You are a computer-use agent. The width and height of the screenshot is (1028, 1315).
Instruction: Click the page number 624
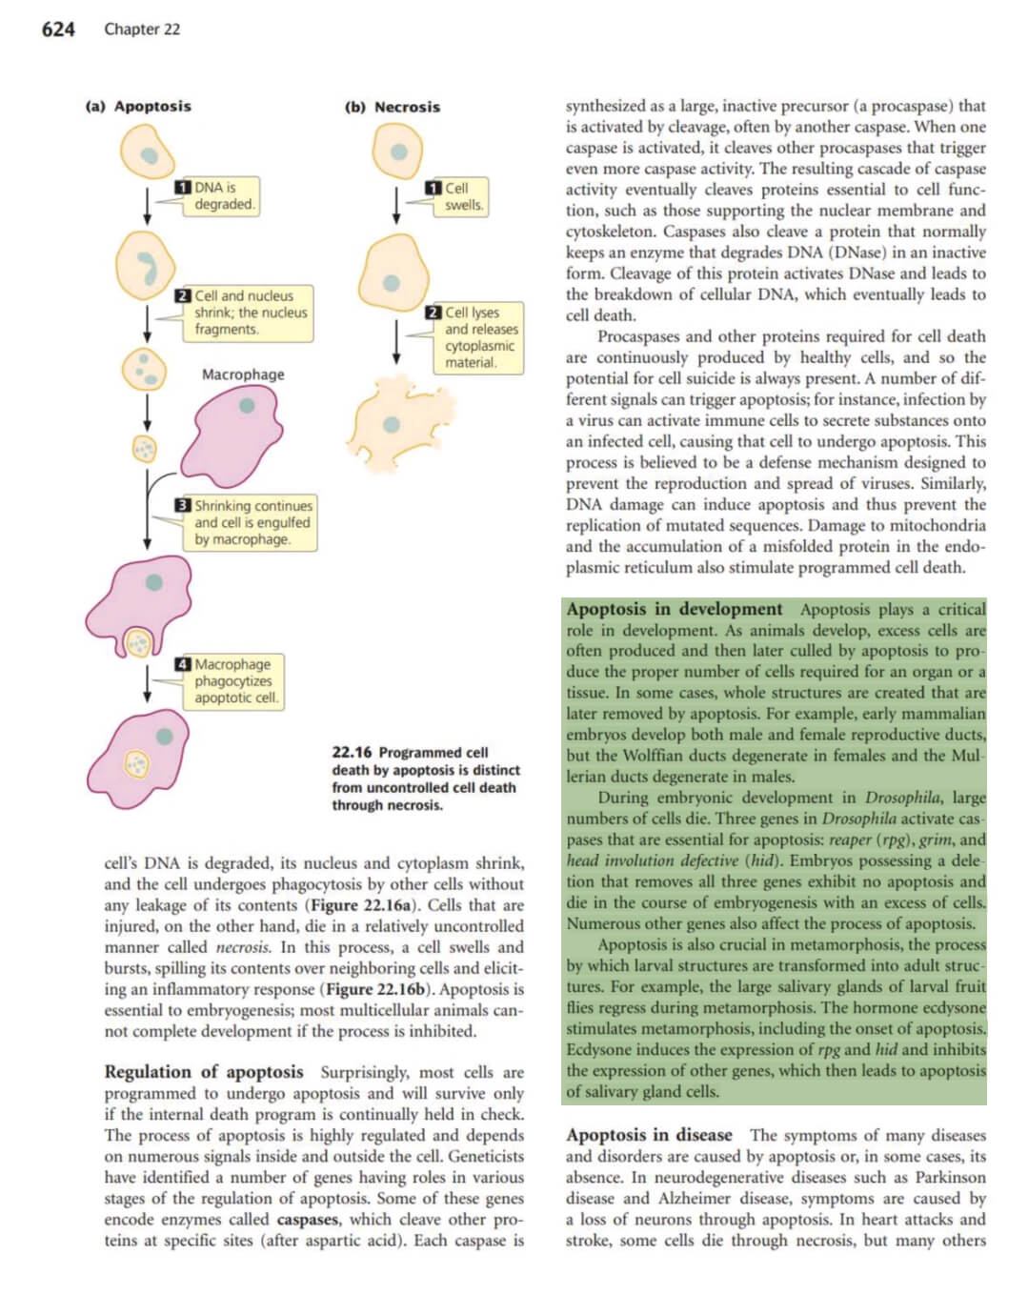coord(58,30)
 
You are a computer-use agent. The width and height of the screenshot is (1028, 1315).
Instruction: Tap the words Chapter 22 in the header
coord(142,30)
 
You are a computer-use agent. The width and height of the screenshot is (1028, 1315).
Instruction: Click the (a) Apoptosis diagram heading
coord(138,106)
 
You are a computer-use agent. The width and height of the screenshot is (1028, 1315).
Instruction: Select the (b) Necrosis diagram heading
coord(393,107)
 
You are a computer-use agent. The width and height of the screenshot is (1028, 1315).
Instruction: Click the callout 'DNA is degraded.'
coord(218,195)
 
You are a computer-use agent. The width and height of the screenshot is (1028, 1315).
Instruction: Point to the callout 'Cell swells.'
coord(458,196)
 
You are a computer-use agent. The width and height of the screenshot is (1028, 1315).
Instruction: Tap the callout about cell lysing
coord(475,337)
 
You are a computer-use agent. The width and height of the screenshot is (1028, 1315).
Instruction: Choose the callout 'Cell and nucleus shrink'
coord(245,313)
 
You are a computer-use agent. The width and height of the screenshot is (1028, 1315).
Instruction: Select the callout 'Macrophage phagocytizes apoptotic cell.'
coord(231,680)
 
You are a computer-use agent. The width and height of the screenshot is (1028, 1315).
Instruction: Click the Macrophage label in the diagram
coord(243,374)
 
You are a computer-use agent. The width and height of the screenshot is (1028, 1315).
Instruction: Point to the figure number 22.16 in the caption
coord(352,753)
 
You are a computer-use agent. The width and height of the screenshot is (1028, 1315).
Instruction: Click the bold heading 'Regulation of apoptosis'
coord(204,1072)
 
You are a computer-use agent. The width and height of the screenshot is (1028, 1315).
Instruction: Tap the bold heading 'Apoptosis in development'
coord(674,609)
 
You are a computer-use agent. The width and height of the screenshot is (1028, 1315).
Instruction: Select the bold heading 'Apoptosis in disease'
coord(649,1135)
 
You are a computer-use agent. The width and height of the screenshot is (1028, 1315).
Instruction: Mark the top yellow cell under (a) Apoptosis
coord(147,152)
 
